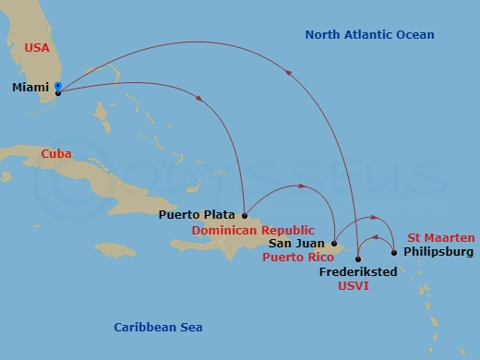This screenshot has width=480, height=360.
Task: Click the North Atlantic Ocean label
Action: point(369,35)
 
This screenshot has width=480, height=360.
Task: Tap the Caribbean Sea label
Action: point(158,328)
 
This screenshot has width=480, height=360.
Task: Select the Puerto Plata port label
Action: point(197,215)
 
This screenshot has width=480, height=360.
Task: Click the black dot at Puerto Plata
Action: point(244,216)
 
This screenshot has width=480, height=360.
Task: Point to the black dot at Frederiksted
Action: point(358,258)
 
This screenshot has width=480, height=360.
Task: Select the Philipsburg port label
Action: point(438,251)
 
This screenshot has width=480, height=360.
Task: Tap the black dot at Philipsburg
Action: point(394,252)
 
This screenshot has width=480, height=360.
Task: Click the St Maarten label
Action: point(441,237)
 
